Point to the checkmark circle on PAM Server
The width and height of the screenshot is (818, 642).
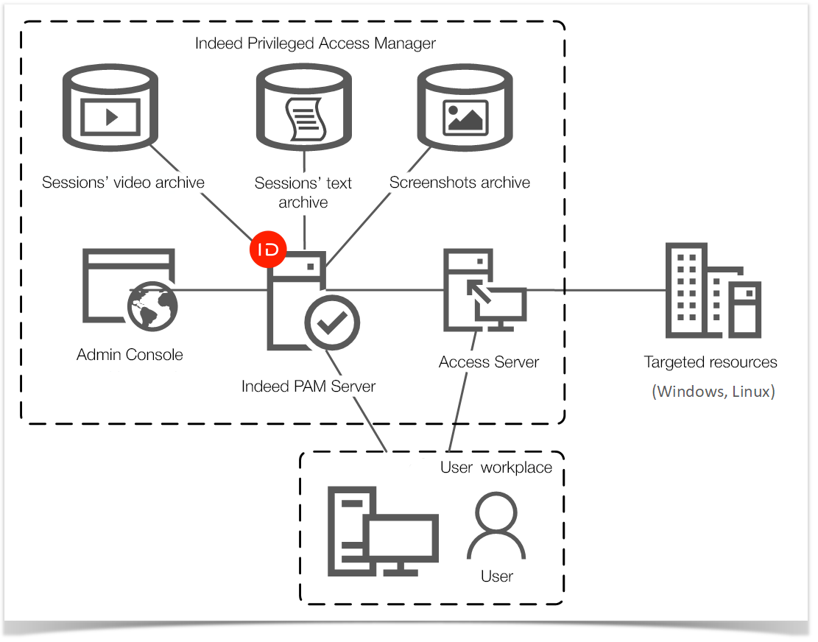[333, 322]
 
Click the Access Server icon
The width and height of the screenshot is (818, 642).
[482, 291]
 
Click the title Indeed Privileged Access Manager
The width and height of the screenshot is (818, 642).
[315, 43]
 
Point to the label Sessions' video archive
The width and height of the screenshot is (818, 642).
[123, 183]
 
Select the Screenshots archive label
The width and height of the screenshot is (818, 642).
[459, 183]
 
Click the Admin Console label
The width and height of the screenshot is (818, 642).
[130, 355]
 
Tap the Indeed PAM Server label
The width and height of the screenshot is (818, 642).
[308, 387]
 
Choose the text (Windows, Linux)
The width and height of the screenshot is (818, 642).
[713, 392]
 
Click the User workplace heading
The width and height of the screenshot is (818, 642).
[496, 468]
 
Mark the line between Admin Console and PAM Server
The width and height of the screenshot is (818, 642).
[221, 290]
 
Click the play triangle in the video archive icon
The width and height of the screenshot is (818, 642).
[112, 116]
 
